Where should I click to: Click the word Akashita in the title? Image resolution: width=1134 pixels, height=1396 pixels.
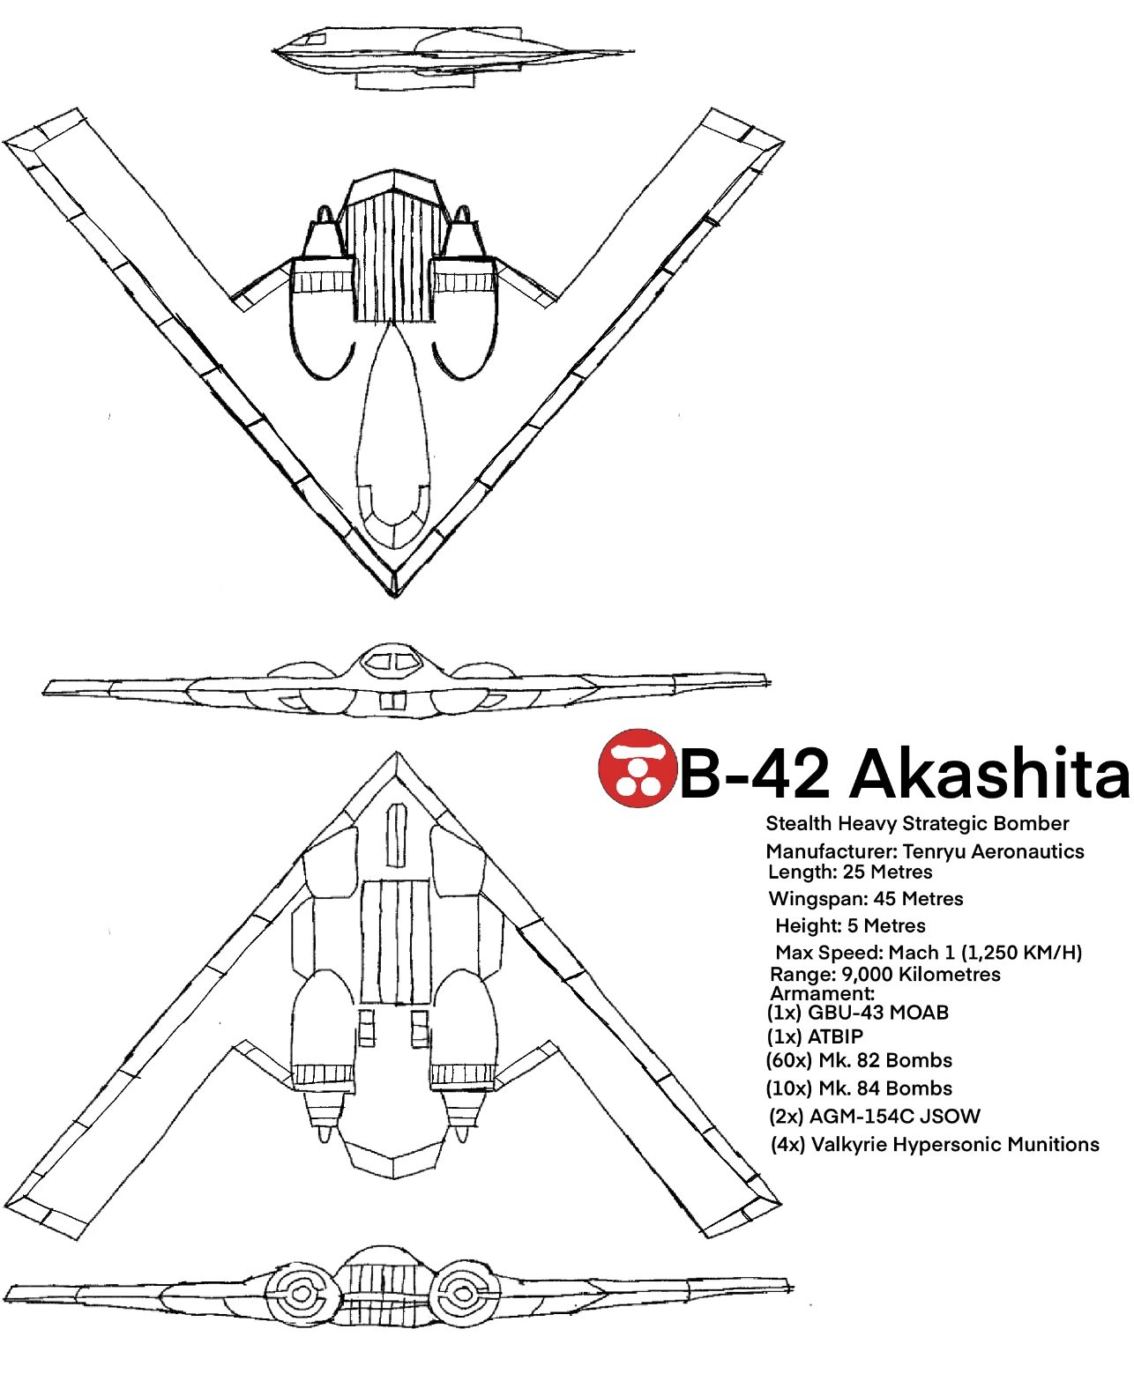coord(989,774)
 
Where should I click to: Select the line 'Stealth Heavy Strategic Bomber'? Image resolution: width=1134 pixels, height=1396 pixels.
coord(917,823)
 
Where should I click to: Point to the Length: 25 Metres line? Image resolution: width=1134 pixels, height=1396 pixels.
coord(850,872)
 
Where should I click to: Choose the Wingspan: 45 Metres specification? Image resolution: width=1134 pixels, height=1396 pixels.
coord(866,899)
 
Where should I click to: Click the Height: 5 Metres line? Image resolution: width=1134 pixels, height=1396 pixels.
coord(850,925)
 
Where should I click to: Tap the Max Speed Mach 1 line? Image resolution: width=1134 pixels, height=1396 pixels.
coord(928,953)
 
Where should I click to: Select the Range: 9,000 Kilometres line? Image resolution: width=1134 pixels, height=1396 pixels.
coord(885,975)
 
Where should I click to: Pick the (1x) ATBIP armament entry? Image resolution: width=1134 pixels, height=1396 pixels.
coord(815,1036)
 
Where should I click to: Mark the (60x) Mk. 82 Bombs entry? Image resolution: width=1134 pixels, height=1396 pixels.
coord(860,1060)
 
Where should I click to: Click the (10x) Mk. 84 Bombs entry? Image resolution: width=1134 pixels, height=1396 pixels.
coord(860,1088)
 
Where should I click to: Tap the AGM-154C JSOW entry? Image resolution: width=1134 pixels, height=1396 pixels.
coord(875,1117)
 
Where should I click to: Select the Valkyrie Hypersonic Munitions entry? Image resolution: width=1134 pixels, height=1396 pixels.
coord(935,1145)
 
